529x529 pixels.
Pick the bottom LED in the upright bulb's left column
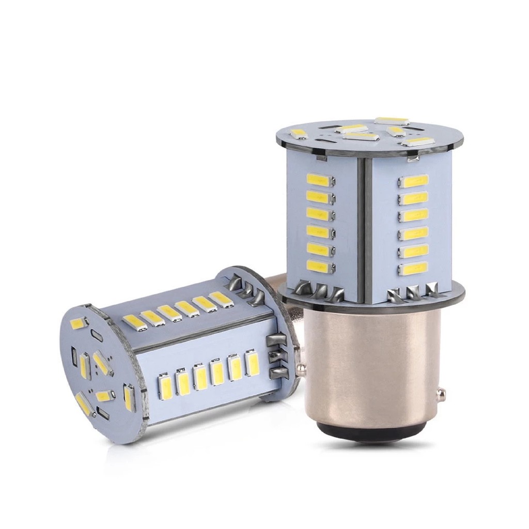318,266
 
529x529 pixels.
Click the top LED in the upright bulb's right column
415,181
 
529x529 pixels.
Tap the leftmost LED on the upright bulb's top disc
299,133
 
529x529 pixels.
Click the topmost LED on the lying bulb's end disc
79,323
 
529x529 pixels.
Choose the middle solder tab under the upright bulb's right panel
413,293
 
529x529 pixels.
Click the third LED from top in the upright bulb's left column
318,213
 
